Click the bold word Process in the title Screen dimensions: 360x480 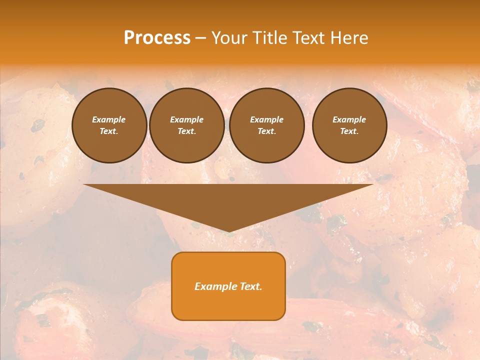point(157,38)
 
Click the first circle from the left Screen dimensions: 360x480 point(109,125)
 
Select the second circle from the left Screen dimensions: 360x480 point(187,125)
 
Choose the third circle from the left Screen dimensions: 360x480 point(267,125)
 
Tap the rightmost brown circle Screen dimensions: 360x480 point(349,125)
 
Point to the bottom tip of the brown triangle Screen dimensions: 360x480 point(229,231)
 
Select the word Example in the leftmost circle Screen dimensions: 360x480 point(109,119)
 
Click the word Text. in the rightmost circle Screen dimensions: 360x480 point(349,131)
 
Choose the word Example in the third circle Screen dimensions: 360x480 point(267,119)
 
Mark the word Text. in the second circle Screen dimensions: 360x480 point(187,131)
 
